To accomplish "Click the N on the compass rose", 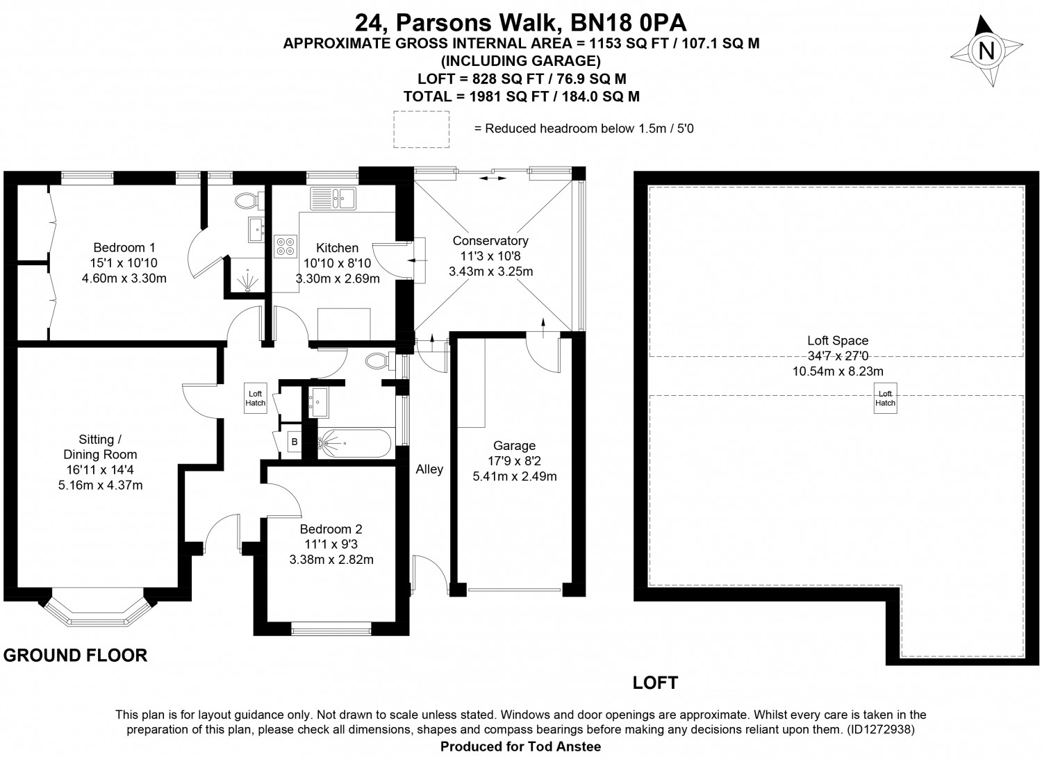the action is click(986, 50).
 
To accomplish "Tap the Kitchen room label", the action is click(337, 248).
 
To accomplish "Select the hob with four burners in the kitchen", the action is click(286, 247).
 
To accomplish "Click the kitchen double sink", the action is click(333, 199).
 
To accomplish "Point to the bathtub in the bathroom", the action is click(355, 443).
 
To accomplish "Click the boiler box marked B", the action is click(295, 442).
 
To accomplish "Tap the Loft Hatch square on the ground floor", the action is click(256, 398).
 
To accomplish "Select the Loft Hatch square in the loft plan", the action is click(885, 398).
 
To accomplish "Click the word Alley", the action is click(429, 469).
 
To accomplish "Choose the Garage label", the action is click(515, 446).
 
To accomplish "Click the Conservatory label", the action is click(490, 240).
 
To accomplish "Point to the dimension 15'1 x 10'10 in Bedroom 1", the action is click(124, 262).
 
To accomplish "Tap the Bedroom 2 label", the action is click(331, 528).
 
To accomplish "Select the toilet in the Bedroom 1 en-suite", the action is click(249, 201).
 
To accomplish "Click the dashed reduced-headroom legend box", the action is click(422, 129).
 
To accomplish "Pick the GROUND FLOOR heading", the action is click(75, 656).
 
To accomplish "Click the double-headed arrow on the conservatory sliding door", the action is click(492, 178).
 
